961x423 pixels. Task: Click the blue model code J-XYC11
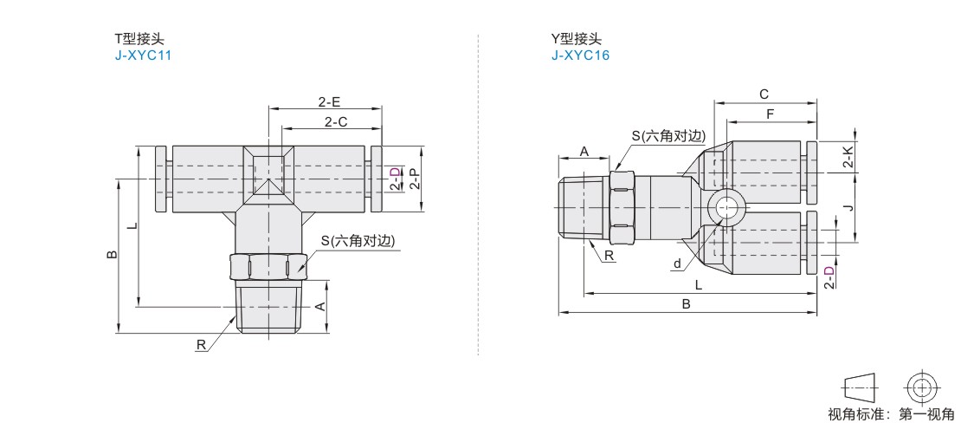coord(143,55)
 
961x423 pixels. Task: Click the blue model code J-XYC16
coord(580,55)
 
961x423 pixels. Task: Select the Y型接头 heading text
coord(575,39)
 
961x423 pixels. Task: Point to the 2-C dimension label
coord(336,121)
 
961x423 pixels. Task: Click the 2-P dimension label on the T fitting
coord(416,179)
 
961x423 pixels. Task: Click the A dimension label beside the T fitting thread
coord(319,307)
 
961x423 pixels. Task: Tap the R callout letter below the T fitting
coord(201,345)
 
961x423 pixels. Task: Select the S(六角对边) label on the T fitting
coord(358,241)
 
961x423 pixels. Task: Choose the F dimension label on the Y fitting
coord(771,114)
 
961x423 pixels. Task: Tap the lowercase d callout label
coord(677,264)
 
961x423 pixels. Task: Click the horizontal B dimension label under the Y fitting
coord(687,304)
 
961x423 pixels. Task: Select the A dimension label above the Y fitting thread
coord(584,152)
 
